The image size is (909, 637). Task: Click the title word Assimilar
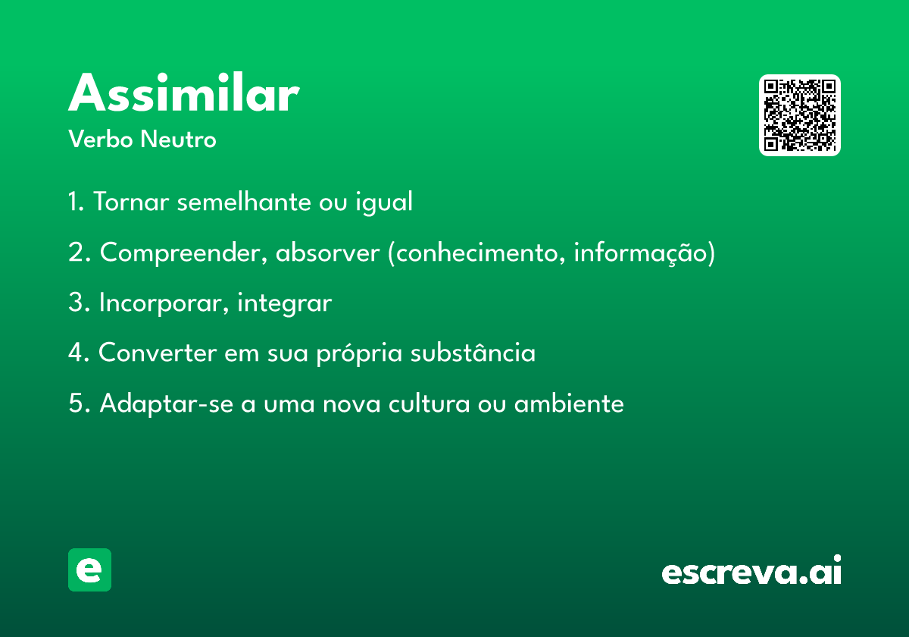pyautogui.click(x=183, y=95)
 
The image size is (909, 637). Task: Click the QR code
pyautogui.click(x=799, y=115)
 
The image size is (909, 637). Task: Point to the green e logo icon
pyautogui.click(x=89, y=570)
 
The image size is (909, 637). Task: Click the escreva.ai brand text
pyautogui.click(x=751, y=572)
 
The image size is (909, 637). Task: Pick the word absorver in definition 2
pyautogui.click(x=326, y=253)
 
